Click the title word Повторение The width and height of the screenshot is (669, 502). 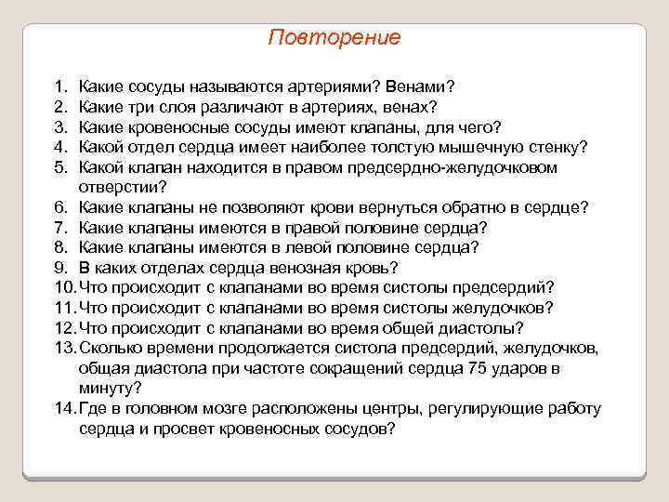point(334,38)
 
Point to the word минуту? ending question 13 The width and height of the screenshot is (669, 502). point(111,388)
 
